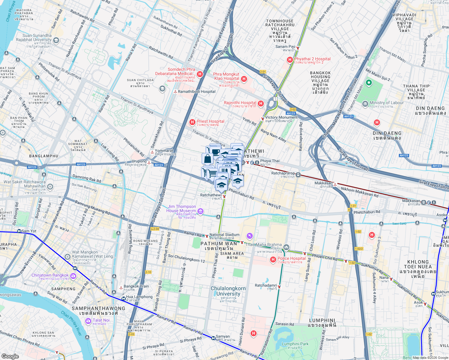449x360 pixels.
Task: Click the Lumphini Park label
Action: pos(295,344)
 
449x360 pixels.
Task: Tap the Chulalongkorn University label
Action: pos(228,291)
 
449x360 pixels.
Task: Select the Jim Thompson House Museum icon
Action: pos(201,211)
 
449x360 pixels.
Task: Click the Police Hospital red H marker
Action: pos(273,259)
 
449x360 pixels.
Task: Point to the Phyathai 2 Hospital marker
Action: pos(290,60)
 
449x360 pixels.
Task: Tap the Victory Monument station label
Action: pos(281,117)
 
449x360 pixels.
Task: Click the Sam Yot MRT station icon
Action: pos(19,231)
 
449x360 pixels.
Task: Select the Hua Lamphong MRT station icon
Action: pos(123,298)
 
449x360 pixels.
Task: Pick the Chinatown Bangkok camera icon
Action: pos(73,276)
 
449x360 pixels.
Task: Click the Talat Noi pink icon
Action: pos(88,321)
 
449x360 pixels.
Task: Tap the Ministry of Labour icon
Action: pos(365,104)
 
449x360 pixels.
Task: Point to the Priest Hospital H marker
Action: pos(192,122)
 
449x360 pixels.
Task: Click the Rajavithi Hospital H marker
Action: pos(261,103)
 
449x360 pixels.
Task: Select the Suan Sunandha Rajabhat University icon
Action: pos(56,40)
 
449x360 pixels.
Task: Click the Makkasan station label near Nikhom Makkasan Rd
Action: pos(323,183)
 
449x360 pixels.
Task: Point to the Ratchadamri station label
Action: pos(266,285)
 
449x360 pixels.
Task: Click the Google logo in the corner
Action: pos(10,356)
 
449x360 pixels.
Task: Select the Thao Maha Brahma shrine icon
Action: pos(286,247)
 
